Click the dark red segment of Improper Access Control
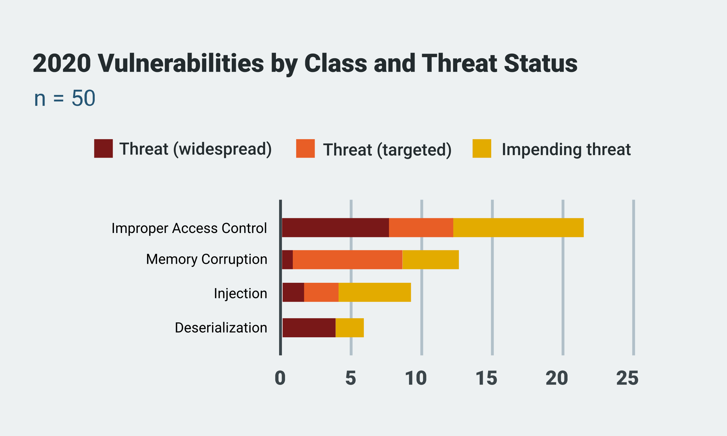pyautogui.click(x=335, y=228)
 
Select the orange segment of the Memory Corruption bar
pyautogui.click(x=348, y=259)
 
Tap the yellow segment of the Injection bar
pyautogui.click(x=375, y=292)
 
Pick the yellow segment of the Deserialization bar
pyautogui.click(x=349, y=328)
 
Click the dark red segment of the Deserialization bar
pyautogui.click(x=309, y=328)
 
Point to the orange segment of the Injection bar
pyautogui.click(x=321, y=292)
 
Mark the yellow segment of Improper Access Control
pyautogui.click(x=518, y=228)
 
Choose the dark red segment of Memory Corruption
pyautogui.click(x=287, y=259)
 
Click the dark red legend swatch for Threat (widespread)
pyautogui.click(x=103, y=149)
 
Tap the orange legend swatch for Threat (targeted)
pyautogui.click(x=305, y=149)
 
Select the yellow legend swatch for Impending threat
pyautogui.click(x=482, y=149)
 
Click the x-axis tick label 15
pyautogui.click(x=486, y=378)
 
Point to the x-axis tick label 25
pyautogui.click(x=627, y=378)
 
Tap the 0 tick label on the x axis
pyautogui.click(x=280, y=378)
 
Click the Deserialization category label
pyautogui.click(x=221, y=328)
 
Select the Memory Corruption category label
pyautogui.click(x=207, y=259)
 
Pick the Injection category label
pyautogui.click(x=240, y=293)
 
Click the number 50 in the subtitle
pyautogui.click(x=83, y=98)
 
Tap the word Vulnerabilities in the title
pyautogui.click(x=181, y=64)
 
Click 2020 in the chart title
pyautogui.click(x=62, y=64)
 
